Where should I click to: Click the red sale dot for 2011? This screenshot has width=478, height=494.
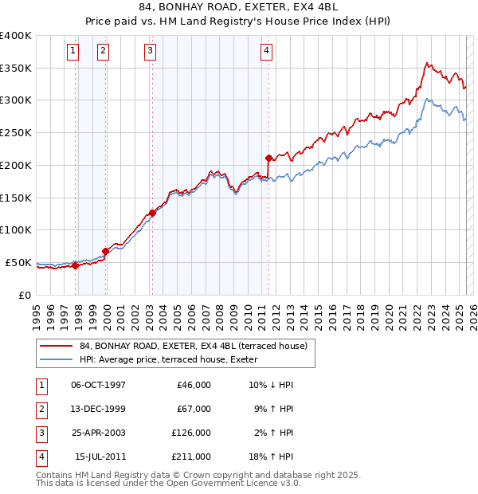[x=268, y=158]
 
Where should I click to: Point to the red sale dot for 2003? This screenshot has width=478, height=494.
[x=151, y=213]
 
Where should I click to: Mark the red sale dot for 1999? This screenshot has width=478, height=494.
[x=105, y=251]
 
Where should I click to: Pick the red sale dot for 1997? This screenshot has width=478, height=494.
[x=75, y=265]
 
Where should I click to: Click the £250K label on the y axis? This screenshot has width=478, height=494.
[x=16, y=132]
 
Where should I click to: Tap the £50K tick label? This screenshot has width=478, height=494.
[x=19, y=262]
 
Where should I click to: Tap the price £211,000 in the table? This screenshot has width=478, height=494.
[x=191, y=457]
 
